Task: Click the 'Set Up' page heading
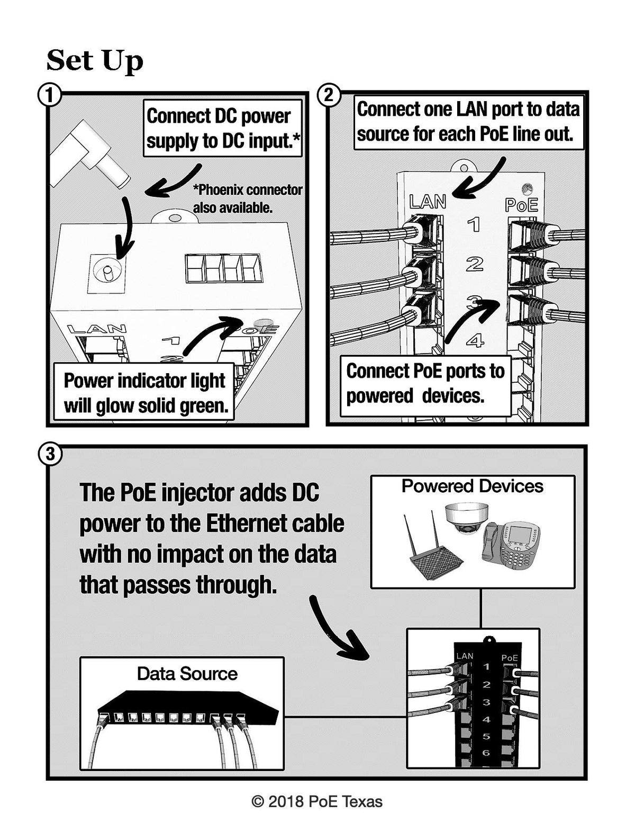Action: pos(95,60)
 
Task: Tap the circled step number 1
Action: pos(50,96)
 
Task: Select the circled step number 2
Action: pos(329,96)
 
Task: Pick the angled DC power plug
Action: pos(90,153)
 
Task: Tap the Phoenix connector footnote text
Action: pos(247,198)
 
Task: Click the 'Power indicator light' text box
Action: pos(145,393)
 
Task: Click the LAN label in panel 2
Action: pos(428,202)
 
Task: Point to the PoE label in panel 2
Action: pos(521,205)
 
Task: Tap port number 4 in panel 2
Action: pos(475,340)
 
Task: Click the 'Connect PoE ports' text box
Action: pos(425,383)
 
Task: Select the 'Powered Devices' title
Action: pos(472,486)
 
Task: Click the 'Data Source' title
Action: pos(187,673)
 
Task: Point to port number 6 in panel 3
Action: pos(486,753)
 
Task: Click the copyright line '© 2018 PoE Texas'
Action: pos(317,802)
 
